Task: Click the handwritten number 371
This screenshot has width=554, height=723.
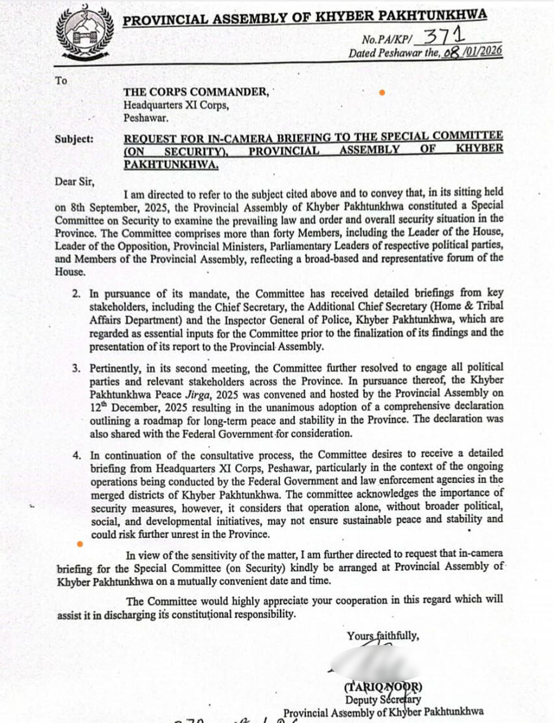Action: click(x=444, y=37)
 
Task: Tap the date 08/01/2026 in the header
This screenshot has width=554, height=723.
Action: click(x=473, y=53)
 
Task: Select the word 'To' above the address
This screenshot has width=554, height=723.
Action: click(x=61, y=81)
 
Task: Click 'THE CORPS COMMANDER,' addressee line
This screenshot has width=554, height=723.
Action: click(x=197, y=92)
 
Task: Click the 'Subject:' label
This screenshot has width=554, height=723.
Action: click(x=74, y=139)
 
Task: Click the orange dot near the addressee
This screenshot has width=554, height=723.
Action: click(x=382, y=93)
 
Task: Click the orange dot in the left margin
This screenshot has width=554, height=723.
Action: click(x=80, y=545)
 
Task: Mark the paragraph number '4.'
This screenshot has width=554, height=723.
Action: click(x=77, y=455)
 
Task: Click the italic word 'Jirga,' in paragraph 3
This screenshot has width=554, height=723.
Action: click(x=201, y=393)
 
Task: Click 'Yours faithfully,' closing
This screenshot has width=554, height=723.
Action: click(x=383, y=636)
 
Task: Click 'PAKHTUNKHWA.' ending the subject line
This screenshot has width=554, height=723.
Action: click(x=171, y=164)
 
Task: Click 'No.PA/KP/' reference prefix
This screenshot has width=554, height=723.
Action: click(x=388, y=40)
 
